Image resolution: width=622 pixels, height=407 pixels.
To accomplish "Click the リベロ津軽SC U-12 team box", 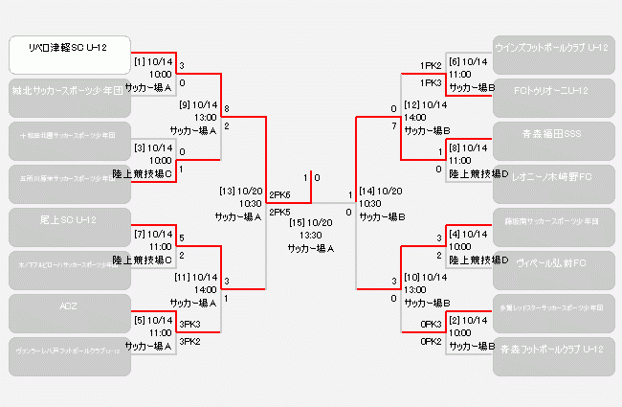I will pyautogui.click(x=69, y=55).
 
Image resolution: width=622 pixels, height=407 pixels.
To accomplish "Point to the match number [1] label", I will pyautogui.click(x=140, y=61).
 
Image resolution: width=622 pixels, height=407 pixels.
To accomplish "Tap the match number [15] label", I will pyautogui.click(x=295, y=222).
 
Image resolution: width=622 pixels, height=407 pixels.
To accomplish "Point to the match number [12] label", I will pyautogui.click(x=412, y=104).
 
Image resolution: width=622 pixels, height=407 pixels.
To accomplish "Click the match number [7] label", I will pyautogui.click(x=140, y=234).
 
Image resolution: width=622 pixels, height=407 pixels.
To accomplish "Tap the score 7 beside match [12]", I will pyautogui.click(x=393, y=126).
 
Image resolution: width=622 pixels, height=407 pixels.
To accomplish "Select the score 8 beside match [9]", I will pyautogui.click(x=227, y=108).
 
